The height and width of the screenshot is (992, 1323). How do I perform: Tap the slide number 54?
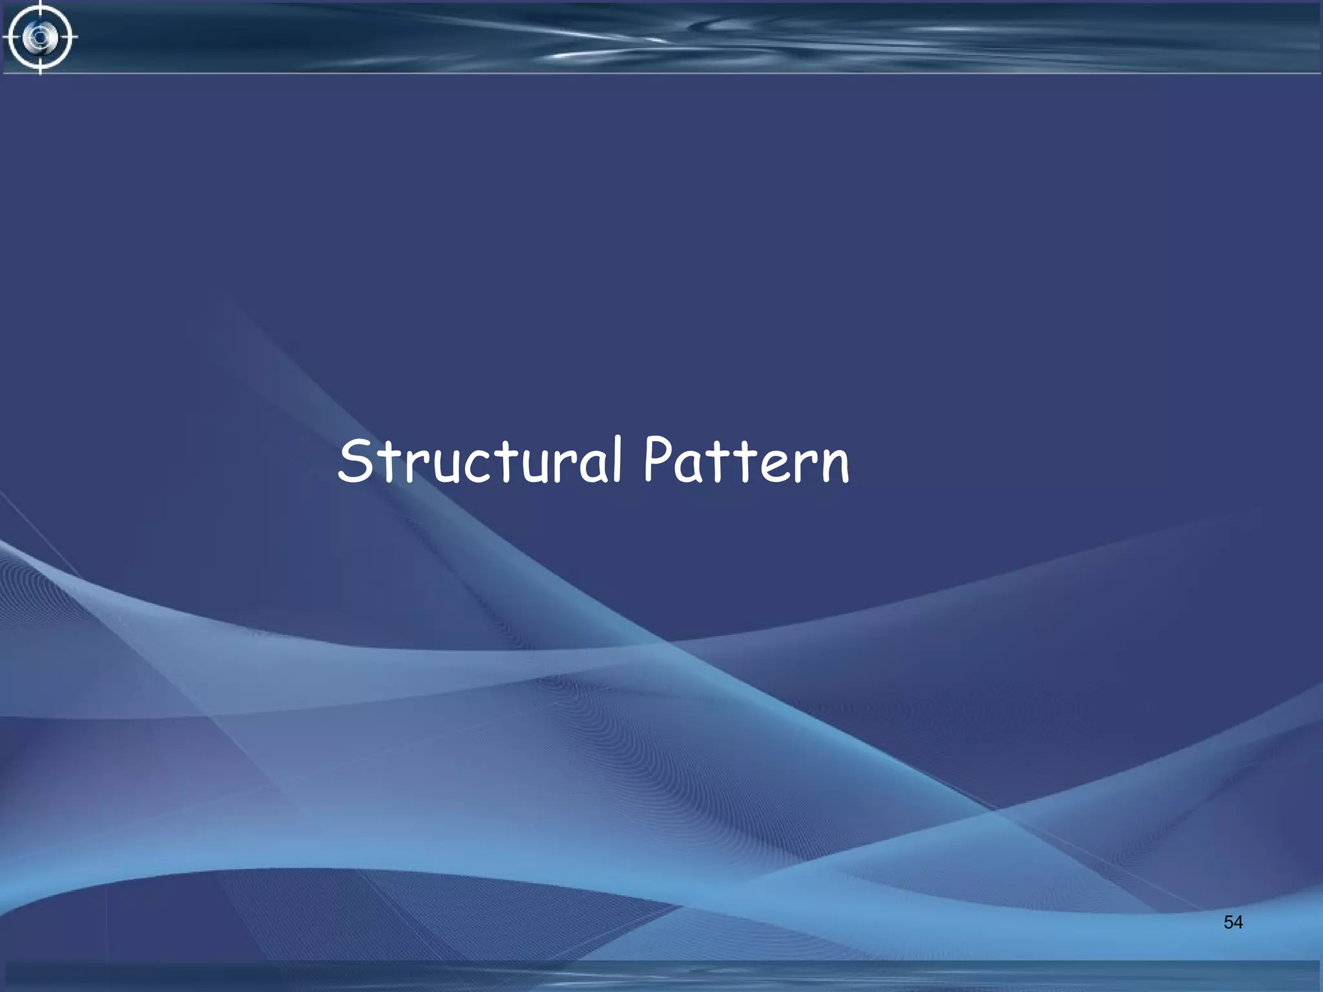(1233, 922)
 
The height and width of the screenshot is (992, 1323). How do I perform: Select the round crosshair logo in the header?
(40, 37)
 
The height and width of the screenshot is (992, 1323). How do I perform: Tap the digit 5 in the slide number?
(1228, 922)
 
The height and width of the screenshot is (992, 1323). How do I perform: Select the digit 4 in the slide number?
(1238, 922)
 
